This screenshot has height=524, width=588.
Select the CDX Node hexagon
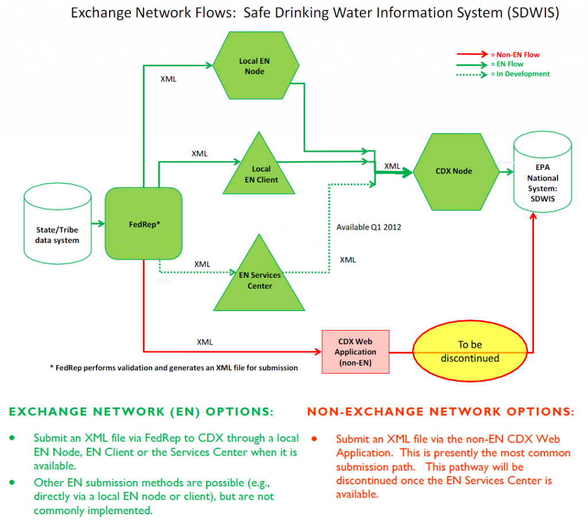[x=454, y=171]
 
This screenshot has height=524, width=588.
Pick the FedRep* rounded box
[x=144, y=224]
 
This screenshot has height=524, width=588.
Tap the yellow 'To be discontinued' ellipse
[x=470, y=352]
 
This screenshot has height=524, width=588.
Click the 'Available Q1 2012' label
[x=369, y=227]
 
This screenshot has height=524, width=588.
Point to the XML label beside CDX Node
[x=392, y=166]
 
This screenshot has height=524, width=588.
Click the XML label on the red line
[x=205, y=341]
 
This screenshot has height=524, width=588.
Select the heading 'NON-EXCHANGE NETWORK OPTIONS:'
[x=440, y=412]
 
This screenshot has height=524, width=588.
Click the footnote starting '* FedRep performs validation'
[x=173, y=368]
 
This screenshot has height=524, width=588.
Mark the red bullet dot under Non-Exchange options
[x=315, y=439]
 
